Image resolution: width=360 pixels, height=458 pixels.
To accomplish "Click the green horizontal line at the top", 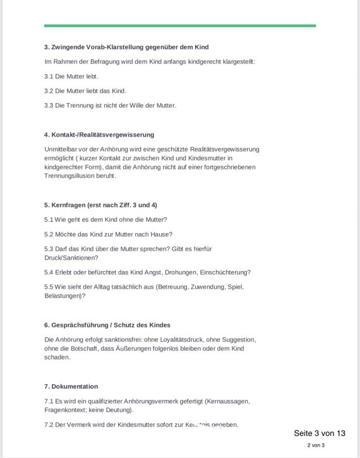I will click(180, 26).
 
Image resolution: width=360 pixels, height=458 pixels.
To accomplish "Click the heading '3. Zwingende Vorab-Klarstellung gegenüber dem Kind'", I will click(126, 47).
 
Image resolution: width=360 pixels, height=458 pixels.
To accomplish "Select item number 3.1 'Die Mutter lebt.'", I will click(71, 76).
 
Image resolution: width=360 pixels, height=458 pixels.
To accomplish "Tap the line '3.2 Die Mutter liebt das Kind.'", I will click(85, 91).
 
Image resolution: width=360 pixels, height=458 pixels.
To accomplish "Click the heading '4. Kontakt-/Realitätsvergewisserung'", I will click(99, 135).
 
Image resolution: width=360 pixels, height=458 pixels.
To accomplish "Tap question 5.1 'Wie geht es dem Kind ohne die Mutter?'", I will click(105, 220).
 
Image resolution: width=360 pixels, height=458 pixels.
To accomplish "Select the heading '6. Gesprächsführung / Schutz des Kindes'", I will click(107, 325).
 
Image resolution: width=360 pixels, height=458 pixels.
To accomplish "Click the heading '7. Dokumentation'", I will click(71, 387).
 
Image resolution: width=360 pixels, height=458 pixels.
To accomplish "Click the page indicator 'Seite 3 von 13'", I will click(320, 433).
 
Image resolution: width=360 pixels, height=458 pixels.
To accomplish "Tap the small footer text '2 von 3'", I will click(316, 445).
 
